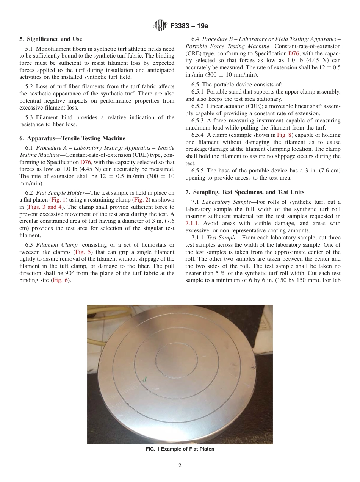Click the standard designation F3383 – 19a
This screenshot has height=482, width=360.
(189, 26)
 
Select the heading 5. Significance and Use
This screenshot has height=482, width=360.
(51, 39)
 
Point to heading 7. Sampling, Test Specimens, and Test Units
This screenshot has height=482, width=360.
(245, 192)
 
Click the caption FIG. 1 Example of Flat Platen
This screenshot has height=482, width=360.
(180, 449)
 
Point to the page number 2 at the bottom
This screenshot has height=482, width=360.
(180, 466)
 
